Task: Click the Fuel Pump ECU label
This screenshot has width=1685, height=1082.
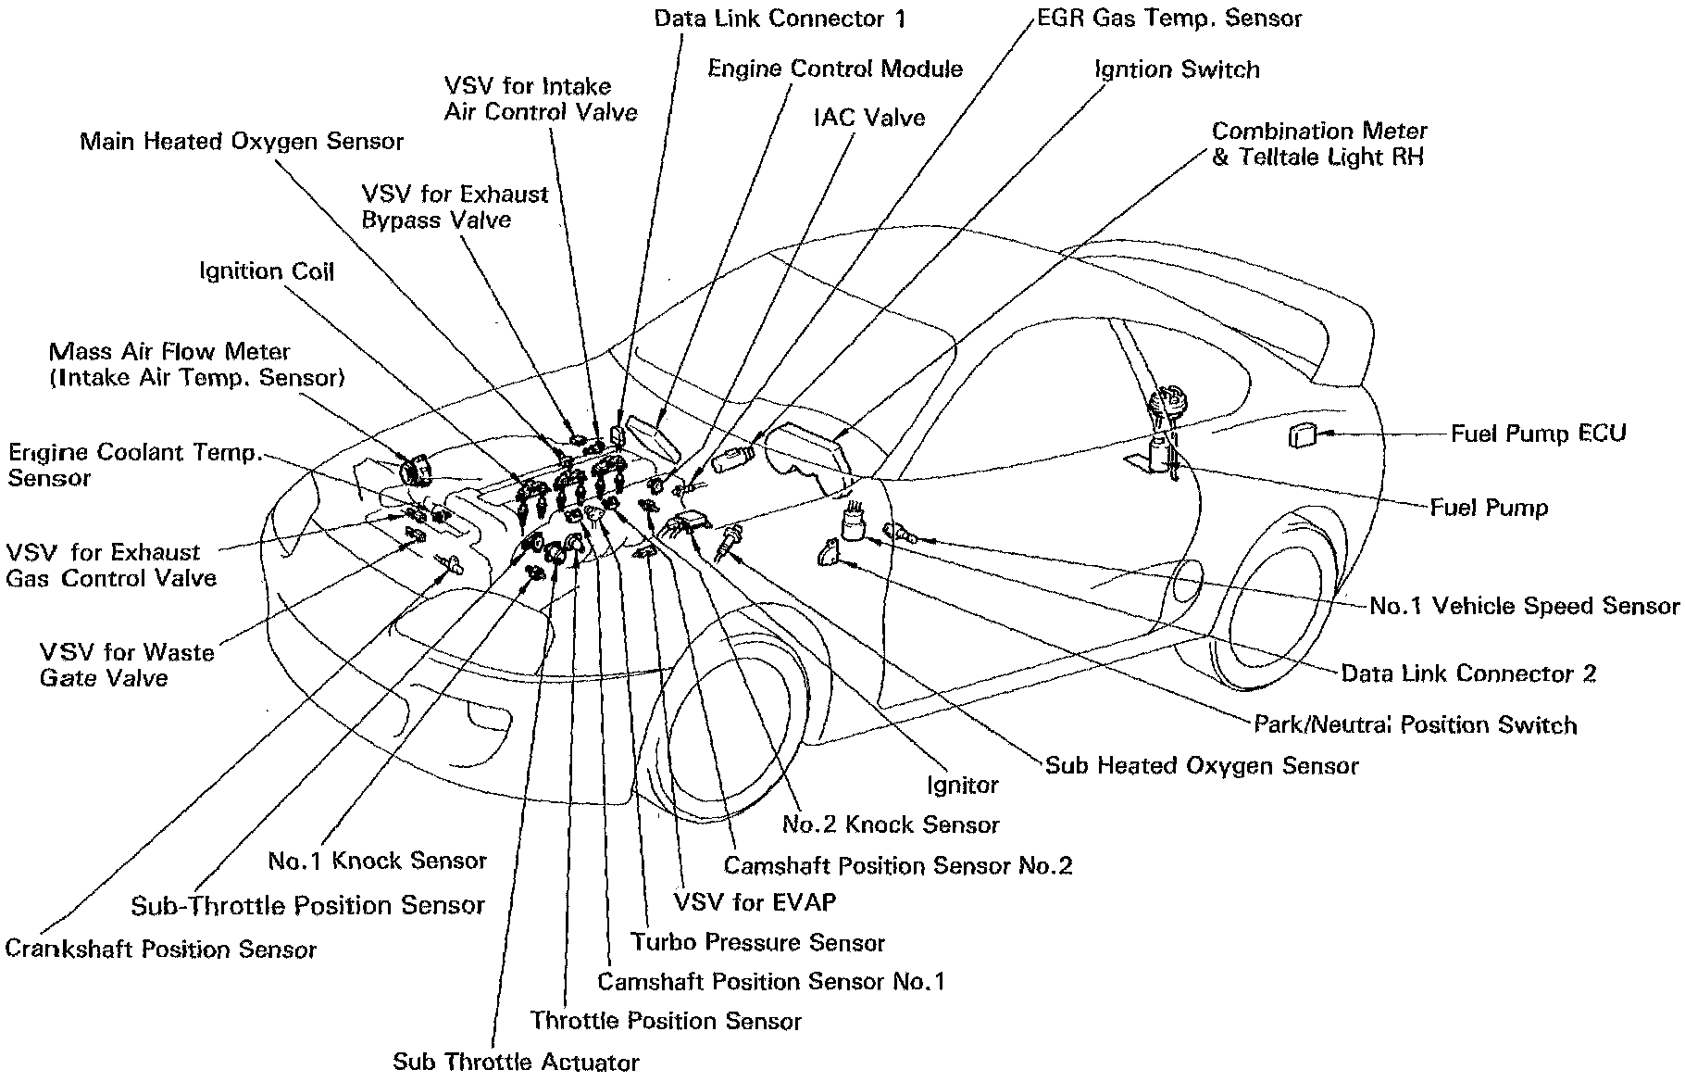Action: [1538, 433]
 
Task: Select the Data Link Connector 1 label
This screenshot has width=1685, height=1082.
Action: [780, 19]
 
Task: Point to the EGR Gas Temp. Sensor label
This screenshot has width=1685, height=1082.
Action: [1167, 19]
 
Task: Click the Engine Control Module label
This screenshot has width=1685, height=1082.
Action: [835, 69]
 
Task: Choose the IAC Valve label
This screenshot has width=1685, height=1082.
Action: [868, 117]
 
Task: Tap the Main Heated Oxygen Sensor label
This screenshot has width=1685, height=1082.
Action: [242, 141]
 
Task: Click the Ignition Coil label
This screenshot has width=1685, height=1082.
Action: [267, 271]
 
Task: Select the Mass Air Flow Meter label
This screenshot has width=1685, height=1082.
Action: [169, 352]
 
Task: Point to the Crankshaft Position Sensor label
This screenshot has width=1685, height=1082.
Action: [161, 950]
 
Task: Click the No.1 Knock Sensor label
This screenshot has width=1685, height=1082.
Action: [377, 861]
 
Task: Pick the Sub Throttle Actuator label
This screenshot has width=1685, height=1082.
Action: [516, 1062]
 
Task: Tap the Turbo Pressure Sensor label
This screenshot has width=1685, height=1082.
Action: [757, 943]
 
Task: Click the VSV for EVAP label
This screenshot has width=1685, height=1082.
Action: [755, 901]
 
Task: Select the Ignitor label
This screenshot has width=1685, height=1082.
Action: [963, 786]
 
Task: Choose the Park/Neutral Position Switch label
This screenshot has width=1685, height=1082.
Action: [1415, 724]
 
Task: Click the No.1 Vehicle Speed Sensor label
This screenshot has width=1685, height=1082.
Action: [1523, 606]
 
